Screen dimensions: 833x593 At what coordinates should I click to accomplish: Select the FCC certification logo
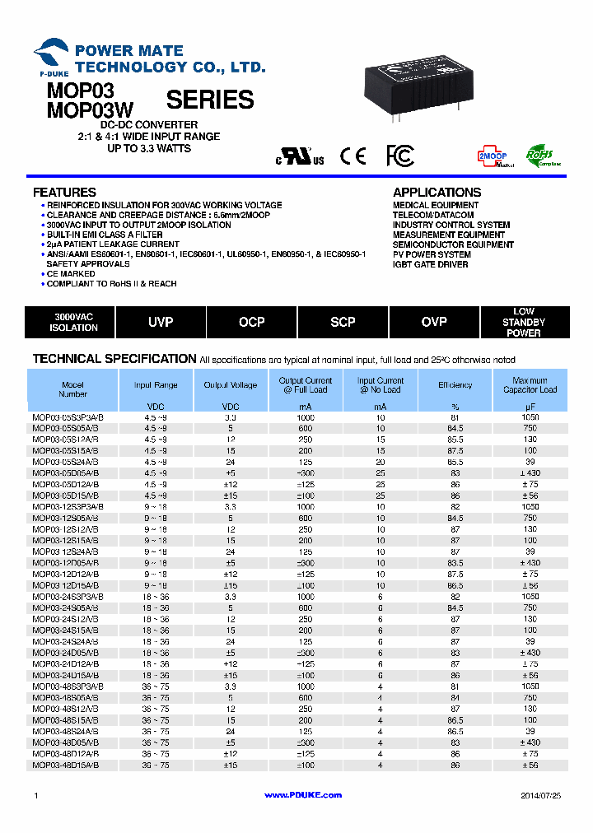pyautogui.click(x=400, y=156)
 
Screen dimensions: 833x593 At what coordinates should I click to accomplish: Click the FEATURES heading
pyautogui.click(x=64, y=193)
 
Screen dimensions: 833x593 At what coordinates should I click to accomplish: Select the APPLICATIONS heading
pyautogui.click(x=437, y=193)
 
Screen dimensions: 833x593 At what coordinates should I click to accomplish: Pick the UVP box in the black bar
pyautogui.click(x=161, y=322)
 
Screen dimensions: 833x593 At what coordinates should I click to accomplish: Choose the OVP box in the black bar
pyautogui.click(x=434, y=322)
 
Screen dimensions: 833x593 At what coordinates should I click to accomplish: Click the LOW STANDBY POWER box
pyautogui.click(x=524, y=322)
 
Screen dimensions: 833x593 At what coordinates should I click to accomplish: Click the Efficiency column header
pyautogui.click(x=455, y=384)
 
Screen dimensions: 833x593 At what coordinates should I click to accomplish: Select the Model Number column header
pyautogui.click(x=73, y=389)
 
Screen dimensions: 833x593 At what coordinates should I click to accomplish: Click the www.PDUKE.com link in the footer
pyautogui.click(x=303, y=795)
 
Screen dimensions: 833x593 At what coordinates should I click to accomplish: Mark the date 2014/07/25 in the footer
pyautogui.click(x=540, y=795)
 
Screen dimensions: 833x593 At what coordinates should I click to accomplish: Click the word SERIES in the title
pyautogui.click(x=210, y=100)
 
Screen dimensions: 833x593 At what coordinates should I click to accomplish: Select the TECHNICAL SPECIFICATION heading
pyautogui.click(x=114, y=359)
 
